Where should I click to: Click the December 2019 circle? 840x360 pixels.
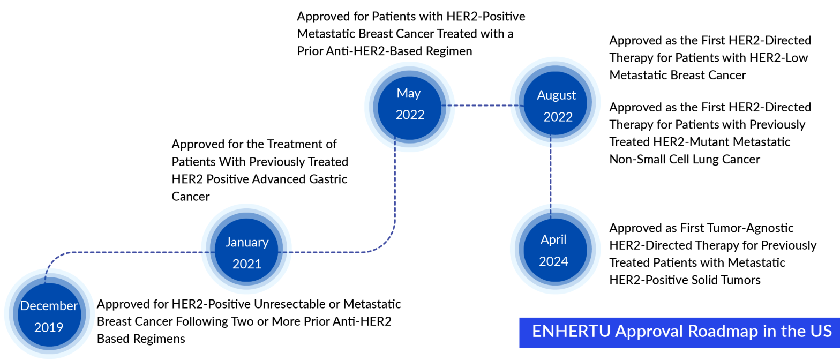49,316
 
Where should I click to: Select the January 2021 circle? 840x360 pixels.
247,253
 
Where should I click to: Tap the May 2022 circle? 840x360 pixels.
410,104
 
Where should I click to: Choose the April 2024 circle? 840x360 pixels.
553,251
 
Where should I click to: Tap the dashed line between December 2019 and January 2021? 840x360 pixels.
129,252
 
